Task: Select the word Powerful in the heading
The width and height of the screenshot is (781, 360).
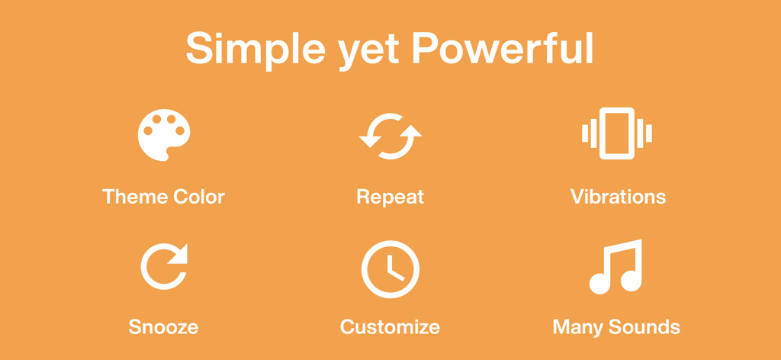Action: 502,50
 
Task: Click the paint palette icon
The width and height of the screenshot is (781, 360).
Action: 163,135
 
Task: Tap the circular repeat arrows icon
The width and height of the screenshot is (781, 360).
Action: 390,136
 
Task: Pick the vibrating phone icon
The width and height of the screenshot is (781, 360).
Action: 617,133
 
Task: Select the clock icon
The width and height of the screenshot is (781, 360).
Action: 390,269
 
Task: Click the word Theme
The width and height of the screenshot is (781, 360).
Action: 135,197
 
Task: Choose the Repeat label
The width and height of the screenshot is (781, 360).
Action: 390,198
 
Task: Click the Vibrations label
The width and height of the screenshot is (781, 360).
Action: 618,197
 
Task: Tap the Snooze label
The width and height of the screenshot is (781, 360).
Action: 163,328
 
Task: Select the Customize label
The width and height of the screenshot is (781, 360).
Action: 390,328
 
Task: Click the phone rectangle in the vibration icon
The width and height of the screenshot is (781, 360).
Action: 617,133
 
